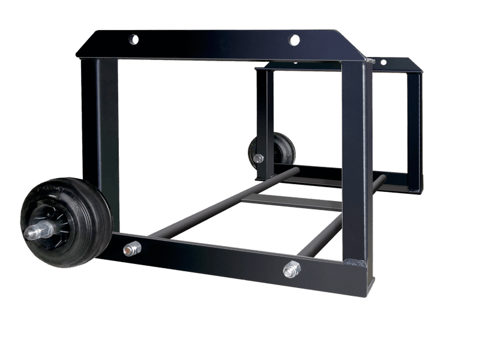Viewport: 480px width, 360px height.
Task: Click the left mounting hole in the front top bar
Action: click(x=132, y=40)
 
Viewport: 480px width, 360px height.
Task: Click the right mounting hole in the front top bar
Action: click(x=293, y=40)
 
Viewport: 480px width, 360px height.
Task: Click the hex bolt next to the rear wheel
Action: click(x=258, y=159)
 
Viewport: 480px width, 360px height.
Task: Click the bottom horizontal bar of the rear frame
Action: click(x=336, y=177)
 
